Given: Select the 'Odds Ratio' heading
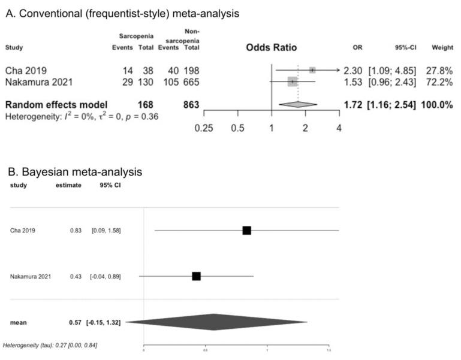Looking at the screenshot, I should (271, 48).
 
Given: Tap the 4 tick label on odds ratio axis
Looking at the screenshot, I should (339, 128).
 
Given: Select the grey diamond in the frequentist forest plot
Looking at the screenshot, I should (298, 104).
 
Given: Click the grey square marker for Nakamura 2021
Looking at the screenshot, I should (292, 81).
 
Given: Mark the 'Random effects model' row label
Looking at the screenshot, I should (56, 105).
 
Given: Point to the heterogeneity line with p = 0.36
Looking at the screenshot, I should (81, 116).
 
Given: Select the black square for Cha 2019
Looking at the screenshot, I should (246, 230).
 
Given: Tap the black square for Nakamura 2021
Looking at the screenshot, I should (196, 276).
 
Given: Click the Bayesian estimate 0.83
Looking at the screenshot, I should (75, 230).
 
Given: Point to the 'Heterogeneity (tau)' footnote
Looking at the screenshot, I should (50, 346).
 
